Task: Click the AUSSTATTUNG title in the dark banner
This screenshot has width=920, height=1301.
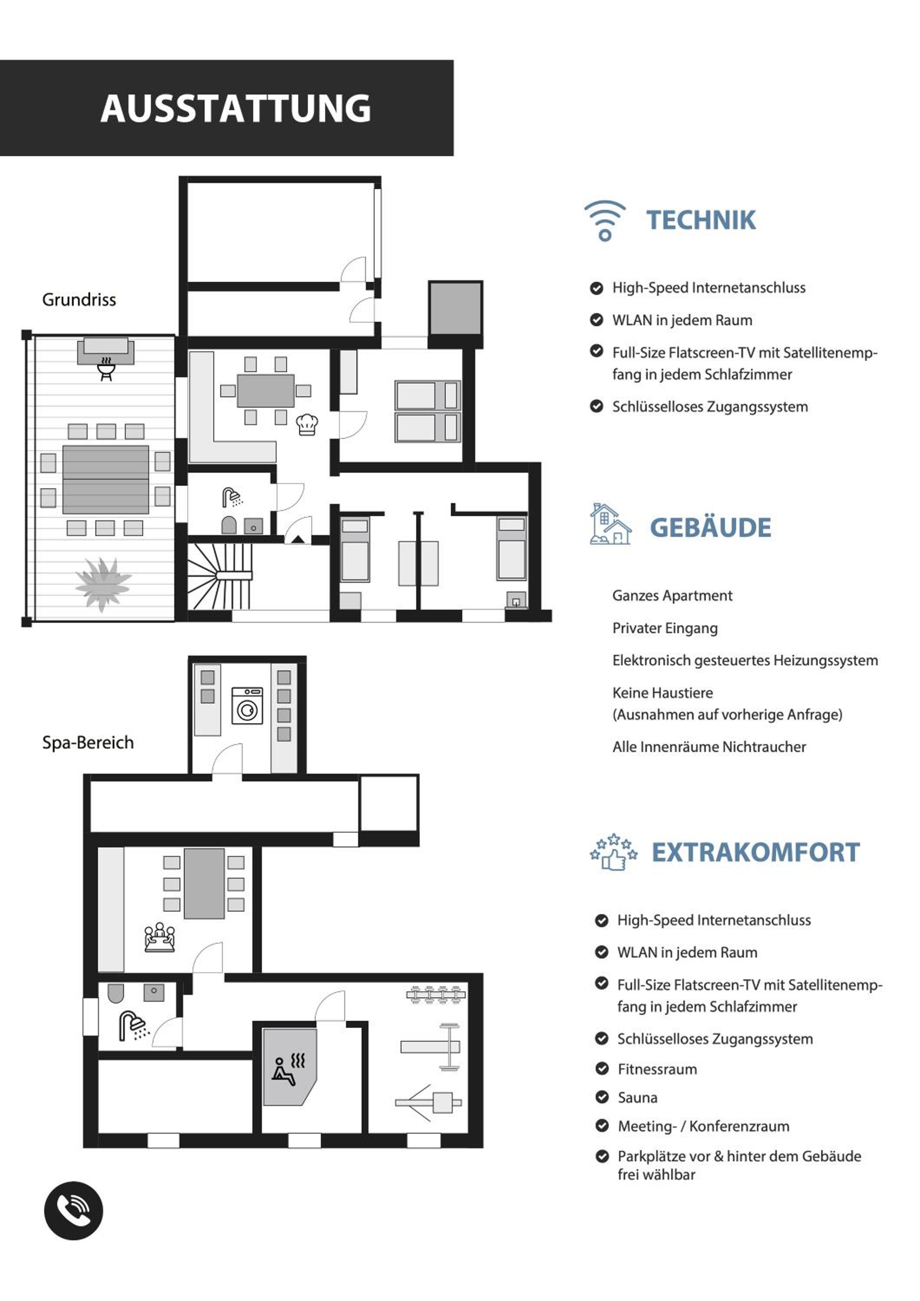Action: (236, 108)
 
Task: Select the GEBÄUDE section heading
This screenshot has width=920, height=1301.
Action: (711, 527)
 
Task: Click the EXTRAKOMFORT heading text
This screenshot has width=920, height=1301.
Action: (755, 852)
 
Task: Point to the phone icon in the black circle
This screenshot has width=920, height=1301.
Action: (74, 1210)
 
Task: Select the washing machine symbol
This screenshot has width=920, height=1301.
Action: (247, 706)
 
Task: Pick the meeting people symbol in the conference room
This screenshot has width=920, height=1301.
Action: (159, 938)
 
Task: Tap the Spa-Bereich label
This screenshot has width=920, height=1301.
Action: (88, 742)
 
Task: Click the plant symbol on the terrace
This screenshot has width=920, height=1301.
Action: (103, 584)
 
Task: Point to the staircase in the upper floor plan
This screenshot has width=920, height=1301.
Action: (220, 576)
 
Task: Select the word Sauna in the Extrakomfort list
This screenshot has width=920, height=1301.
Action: (637, 1098)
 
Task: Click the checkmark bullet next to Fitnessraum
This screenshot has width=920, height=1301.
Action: (602, 1069)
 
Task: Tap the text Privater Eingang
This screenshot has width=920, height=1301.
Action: (665, 628)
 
